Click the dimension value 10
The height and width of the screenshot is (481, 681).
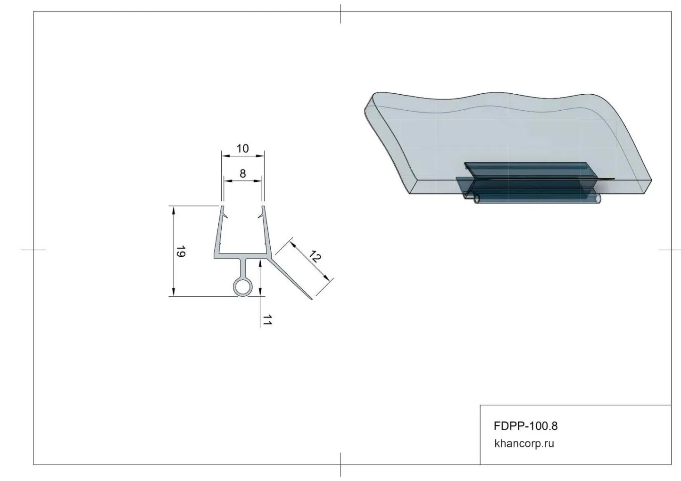tap(242, 148)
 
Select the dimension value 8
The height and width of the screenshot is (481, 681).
tap(242, 174)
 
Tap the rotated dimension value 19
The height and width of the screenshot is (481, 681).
tap(181, 252)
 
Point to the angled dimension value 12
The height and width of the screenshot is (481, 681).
tap(315, 256)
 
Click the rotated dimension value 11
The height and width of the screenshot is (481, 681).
tap(267, 320)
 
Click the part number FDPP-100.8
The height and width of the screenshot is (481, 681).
tap(526, 426)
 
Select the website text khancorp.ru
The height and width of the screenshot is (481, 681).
tap(524, 444)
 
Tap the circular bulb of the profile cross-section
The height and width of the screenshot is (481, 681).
tap(242, 287)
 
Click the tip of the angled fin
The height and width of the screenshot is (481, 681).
tap(311, 299)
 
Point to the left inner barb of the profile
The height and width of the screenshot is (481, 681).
tap(225, 216)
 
